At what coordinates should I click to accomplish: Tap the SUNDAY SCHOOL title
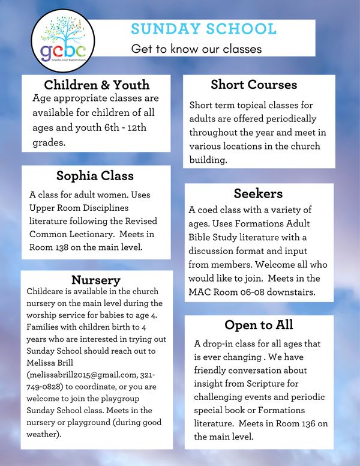(x=203, y=29)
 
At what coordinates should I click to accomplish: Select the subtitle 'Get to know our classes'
(x=196, y=49)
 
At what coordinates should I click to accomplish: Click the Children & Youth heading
(x=97, y=84)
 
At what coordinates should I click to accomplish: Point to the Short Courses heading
(x=254, y=84)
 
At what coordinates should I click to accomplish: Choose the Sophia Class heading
(x=95, y=176)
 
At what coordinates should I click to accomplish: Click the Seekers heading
(x=258, y=193)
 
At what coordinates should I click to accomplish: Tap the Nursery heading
(x=96, y=280)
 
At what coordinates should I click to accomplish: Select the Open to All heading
(x=259, y=325)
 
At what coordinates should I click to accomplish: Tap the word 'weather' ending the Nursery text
(x=45, y=434)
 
